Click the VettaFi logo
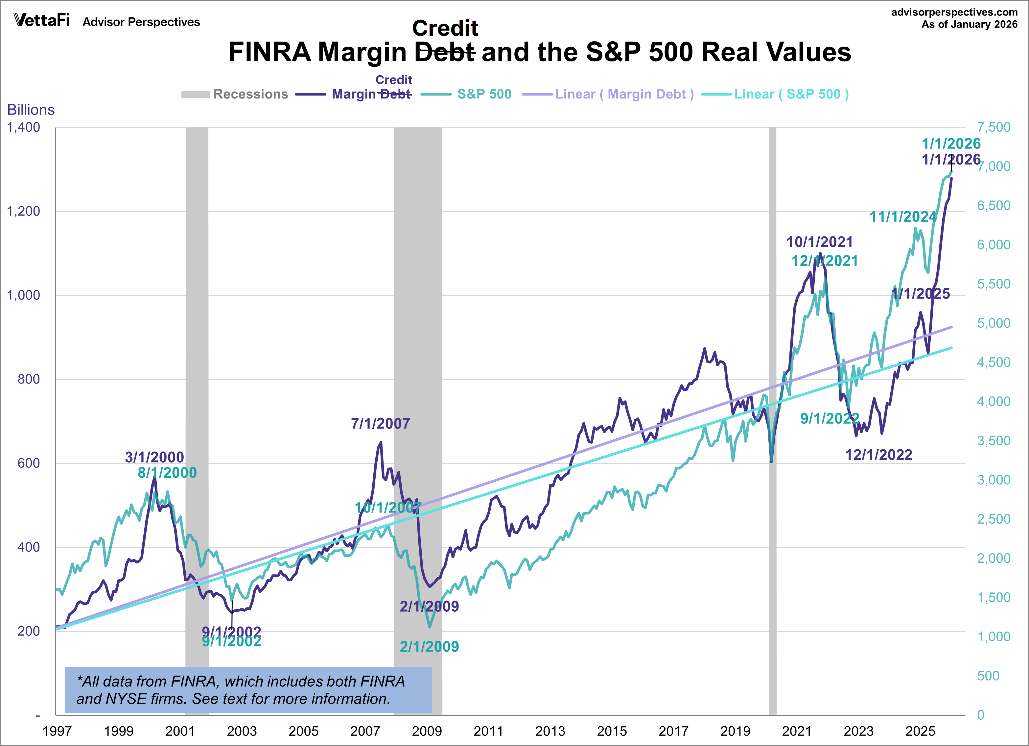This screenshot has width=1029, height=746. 42,20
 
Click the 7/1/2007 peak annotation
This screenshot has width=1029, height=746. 380,424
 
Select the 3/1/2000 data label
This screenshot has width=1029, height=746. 154,457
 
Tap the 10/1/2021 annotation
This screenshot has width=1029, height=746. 819,242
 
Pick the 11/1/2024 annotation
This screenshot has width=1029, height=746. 903,217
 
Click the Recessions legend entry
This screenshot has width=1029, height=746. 235,94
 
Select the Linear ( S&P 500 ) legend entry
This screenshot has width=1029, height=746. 775,94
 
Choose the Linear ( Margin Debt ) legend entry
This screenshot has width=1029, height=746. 608,94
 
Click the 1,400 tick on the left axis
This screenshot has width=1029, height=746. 24,127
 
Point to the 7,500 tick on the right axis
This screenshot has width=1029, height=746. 994,127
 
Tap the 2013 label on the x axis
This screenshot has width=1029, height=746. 550,731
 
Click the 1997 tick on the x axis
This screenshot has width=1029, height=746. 57,731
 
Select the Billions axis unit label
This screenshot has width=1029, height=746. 31,110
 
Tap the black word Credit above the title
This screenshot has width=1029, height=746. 445,29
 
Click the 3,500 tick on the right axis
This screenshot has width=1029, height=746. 994,441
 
